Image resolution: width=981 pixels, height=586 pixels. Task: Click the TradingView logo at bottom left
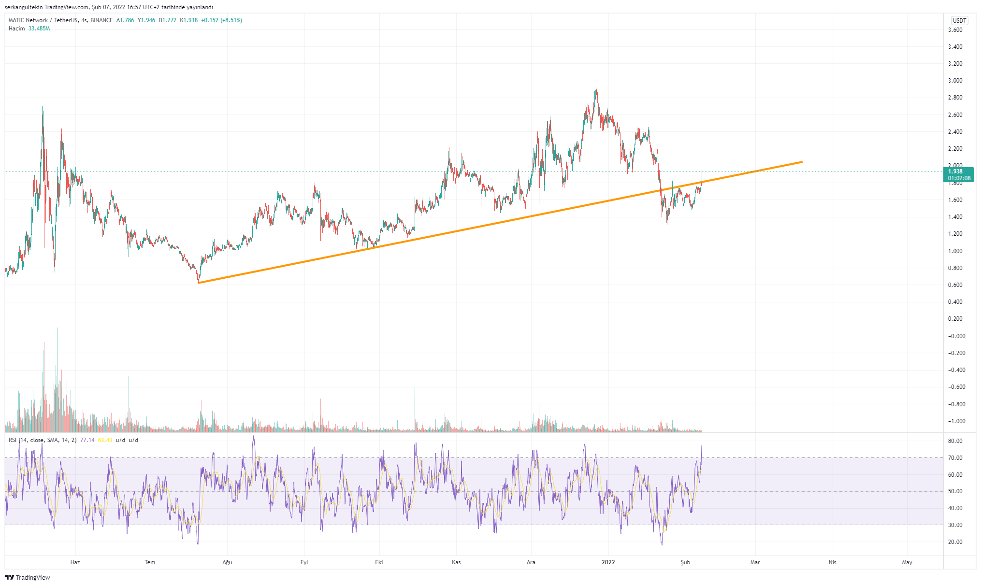tap(28, 577)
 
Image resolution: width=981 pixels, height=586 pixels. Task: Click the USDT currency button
tap(959, 20)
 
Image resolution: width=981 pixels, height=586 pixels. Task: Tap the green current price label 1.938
tap(958, 172)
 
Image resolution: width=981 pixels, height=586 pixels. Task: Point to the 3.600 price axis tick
tap(955, 30)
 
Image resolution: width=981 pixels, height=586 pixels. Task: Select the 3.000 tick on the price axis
tap(955, 81)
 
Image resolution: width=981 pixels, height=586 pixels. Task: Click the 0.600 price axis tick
tap(955, 285)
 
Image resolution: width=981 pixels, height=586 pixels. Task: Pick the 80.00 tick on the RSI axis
tap(955, 441)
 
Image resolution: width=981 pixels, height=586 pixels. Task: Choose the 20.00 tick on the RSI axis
tap(955, 542)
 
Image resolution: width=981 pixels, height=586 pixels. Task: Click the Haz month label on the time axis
tap(75, 562)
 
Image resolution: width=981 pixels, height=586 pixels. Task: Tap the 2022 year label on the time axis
tap(608, 562)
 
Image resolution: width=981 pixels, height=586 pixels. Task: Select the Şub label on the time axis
tap(685, 562)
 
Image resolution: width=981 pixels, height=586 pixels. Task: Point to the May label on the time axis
tap(907, 562)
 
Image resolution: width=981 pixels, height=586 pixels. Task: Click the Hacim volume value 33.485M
tap(39, 29)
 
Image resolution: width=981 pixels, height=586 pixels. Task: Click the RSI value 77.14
tap(87, 440)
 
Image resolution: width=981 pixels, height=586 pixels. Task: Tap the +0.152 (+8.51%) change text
tap(221, 20)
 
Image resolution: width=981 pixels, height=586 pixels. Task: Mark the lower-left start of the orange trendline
tap(199, 283)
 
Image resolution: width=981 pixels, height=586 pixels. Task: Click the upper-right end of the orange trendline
tap(802, 162)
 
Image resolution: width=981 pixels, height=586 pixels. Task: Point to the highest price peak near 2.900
tap(596, 88)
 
